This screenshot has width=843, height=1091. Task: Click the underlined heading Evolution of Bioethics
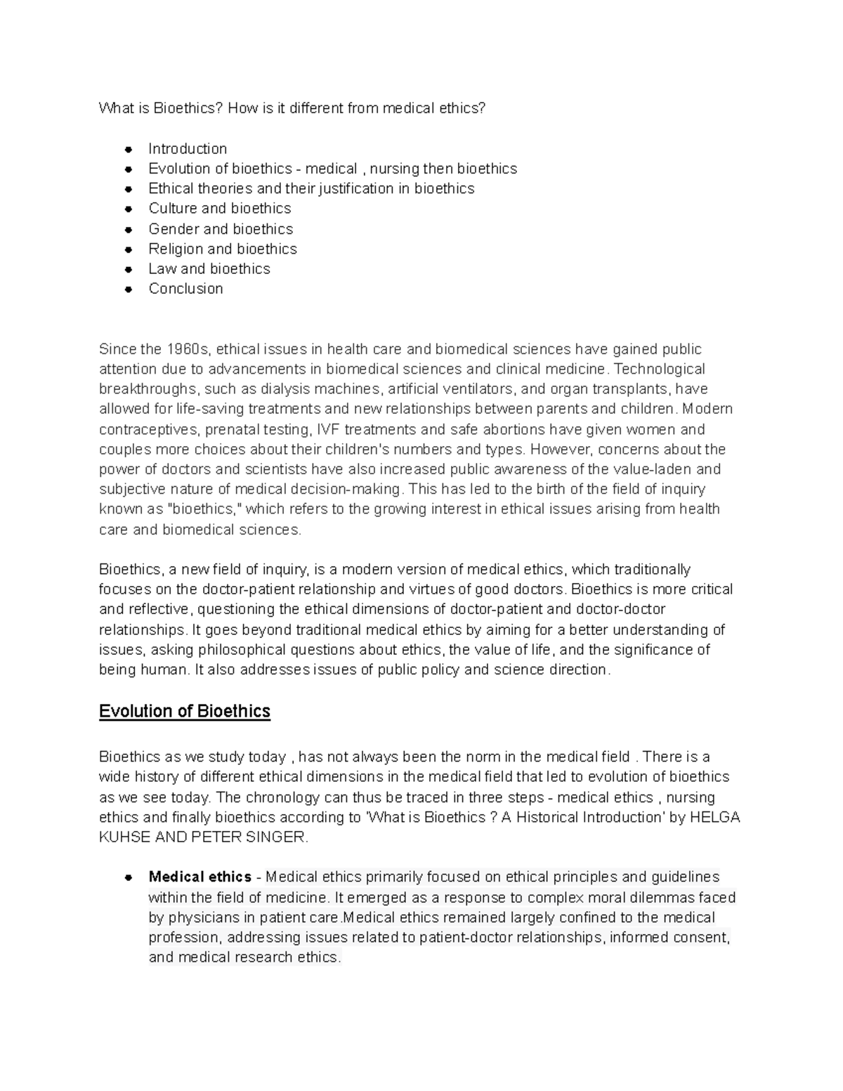184,711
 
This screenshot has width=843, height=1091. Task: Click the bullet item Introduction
188,149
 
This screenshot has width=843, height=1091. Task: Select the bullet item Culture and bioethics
219,209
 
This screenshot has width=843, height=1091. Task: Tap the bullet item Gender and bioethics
221,229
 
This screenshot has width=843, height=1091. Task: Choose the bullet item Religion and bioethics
223,249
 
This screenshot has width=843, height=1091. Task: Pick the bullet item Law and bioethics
209,269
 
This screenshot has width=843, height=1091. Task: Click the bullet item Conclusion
185,289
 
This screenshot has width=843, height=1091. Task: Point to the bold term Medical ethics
200,877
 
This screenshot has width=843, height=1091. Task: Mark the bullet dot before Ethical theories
129,189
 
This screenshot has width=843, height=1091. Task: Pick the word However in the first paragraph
560,449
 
